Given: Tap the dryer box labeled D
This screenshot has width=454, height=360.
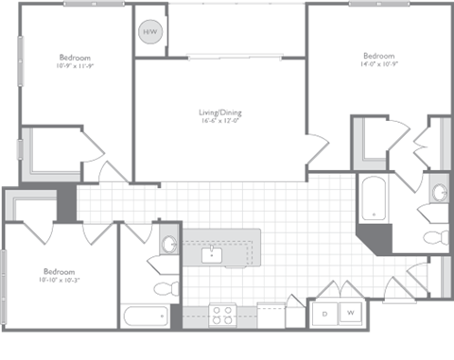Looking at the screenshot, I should click(x=324, y=312).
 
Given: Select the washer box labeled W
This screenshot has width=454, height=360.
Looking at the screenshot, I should click(x=349, y=312).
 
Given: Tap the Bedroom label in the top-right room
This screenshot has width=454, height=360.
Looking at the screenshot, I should click(x=376, y=55).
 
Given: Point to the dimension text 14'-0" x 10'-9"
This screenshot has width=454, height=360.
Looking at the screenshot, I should click(x=376, y=64).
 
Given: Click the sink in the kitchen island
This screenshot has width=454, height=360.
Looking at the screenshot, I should click(x=212, y=253).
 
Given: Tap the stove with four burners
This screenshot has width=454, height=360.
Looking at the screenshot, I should click(x=223, y=313).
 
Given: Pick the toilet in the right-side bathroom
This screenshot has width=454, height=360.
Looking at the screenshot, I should click(x=436, y=236).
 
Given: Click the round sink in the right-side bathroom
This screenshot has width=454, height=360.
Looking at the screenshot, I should click(x=440, y=193).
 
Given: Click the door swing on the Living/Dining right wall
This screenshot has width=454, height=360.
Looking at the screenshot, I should click(x=318, y=151).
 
